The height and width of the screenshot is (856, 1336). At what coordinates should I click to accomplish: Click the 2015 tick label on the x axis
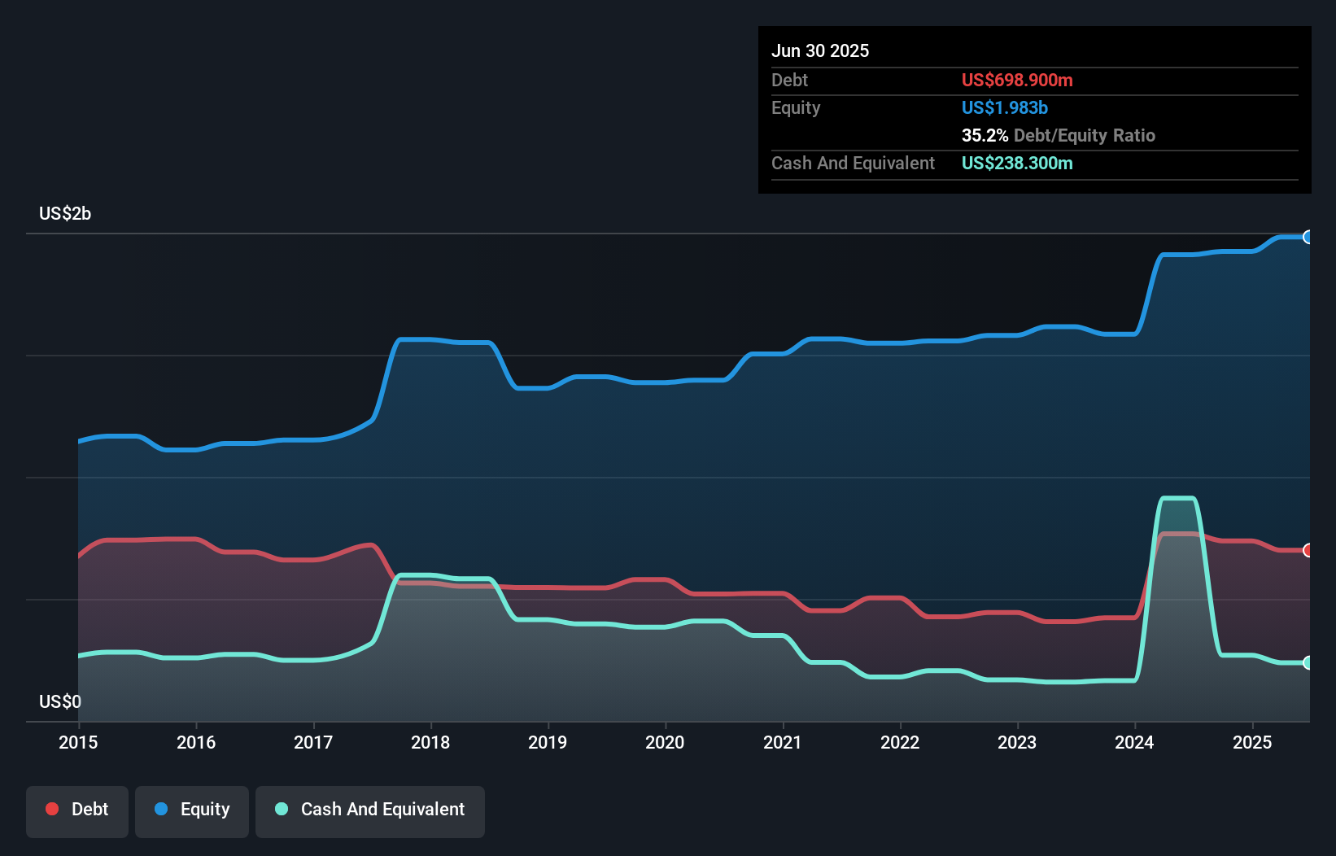78,742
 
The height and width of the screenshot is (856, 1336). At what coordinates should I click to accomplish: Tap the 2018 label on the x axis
430,742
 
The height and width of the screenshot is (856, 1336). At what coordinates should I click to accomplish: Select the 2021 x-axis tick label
782,742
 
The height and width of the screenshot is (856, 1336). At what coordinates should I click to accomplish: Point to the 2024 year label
1134,742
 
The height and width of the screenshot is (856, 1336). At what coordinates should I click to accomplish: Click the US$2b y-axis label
65,214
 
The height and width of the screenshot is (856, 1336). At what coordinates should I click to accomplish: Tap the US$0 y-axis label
60,701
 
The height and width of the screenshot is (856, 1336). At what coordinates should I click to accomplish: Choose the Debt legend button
77,810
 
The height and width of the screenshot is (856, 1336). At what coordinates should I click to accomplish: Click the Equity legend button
192,810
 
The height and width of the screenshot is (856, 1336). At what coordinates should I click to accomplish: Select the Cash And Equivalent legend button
370,810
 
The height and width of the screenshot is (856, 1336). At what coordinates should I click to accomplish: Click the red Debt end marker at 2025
1308,550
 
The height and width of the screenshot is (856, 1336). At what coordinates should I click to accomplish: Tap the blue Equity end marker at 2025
1308,237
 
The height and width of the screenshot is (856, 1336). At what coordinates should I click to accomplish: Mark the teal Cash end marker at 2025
1308,662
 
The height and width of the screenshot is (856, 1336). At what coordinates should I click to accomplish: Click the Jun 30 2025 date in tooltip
820,50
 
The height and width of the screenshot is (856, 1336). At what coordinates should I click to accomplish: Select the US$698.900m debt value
1017,80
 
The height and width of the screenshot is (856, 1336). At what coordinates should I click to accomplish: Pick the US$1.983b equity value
1004,107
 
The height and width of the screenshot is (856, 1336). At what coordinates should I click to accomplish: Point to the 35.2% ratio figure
985,135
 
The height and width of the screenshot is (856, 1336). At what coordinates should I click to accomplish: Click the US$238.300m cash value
1017,163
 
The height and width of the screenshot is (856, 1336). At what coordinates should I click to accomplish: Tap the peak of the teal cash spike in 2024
1177,498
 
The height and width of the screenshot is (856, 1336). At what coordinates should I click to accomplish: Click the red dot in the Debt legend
52,809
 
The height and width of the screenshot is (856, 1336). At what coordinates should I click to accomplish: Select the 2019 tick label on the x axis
548,742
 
